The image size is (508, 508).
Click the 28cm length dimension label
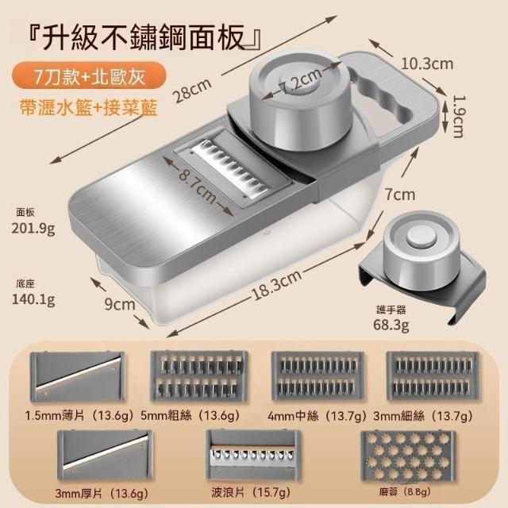[x=193, y=90]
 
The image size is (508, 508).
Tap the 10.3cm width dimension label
[x=427, y=63]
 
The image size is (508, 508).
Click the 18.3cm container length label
[x=276, y=285]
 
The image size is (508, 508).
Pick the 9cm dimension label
[x=120, y=305]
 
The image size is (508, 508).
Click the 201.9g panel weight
[x=33, y=229]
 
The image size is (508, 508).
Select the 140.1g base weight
[x=33, y=299]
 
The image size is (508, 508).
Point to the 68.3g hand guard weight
[x=391, y=325]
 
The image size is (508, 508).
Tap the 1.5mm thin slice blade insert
[x=77, y=377]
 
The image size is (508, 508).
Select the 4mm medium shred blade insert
[x=317, y=376]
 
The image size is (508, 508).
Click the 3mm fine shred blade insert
[x=433, y=376]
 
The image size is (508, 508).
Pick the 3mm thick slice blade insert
[x=104, y=455]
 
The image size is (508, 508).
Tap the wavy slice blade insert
[x=252, y=455]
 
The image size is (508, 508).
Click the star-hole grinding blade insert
[x=408, y=456]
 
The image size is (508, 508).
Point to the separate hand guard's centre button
[x=420, y=237]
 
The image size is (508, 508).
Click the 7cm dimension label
[x=400, y=194]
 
